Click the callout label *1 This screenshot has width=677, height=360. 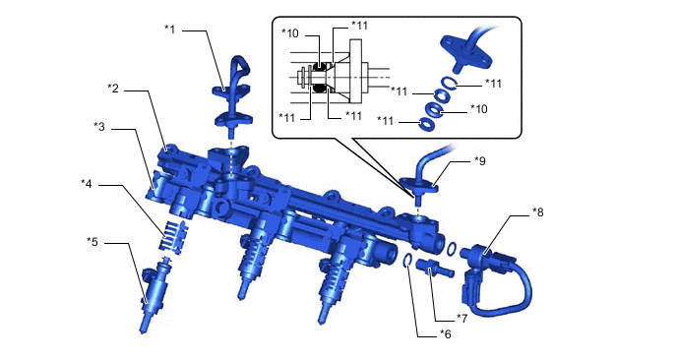point(170,30)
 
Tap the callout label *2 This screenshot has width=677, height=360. point(113,89)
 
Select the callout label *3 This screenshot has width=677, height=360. point(99,127)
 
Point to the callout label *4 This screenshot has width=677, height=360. point(87,184)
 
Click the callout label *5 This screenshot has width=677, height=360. point(92,242)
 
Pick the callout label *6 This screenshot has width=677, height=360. point(446,334)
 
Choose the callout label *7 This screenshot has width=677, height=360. point(462,318)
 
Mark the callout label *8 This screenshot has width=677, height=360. point(538,211)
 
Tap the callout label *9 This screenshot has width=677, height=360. point(479,161)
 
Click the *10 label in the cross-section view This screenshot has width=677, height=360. point(289,32)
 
